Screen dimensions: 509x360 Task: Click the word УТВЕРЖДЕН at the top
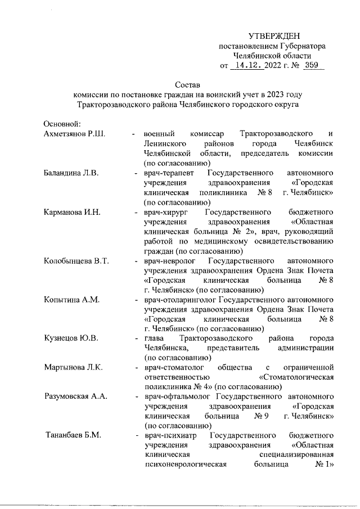(274, 36)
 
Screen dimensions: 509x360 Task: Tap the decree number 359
(310, 66)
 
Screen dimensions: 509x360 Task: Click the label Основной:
(63, 124)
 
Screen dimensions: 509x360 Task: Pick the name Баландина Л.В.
(71, 173)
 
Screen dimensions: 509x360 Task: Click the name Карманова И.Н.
(73, 212)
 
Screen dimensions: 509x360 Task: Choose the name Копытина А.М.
(71, 300)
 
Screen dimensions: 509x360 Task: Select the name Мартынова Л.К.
(73, 368)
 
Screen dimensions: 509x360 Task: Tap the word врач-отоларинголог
(179, 300)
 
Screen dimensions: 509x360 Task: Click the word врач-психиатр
(169, 436)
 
